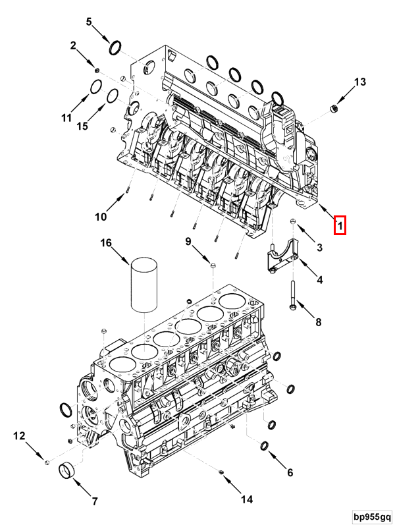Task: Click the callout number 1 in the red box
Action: [340, 226]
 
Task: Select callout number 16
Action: [106, 244]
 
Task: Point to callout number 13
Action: [359, 82]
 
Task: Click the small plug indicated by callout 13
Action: [334, 107]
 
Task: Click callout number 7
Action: [94, 501]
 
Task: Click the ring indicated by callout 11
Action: [95, 88]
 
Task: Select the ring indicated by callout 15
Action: [113, 98]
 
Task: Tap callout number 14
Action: [246, 499]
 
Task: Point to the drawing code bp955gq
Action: [371, 517]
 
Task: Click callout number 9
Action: [188, 242]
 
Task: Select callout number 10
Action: [100, 217]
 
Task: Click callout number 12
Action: [19, 435]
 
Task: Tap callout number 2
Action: [74, 45]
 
